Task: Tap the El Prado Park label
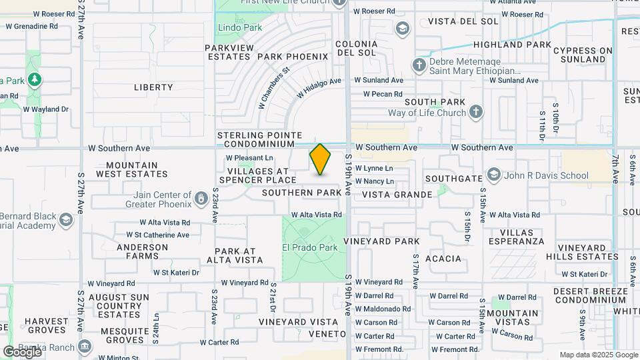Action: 310,247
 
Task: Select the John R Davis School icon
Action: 493,175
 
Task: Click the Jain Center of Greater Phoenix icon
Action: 201,198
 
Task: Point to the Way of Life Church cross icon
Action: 475,112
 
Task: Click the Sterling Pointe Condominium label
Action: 259,139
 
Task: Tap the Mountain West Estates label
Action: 132,169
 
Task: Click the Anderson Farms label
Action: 142,251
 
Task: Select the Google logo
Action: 23,351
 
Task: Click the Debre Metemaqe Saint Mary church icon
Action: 419,65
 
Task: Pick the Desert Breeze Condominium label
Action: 590,295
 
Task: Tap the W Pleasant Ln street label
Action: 250,158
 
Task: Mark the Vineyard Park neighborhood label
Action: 381,241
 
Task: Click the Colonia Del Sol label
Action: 357,49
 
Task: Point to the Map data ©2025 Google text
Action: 599,355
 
